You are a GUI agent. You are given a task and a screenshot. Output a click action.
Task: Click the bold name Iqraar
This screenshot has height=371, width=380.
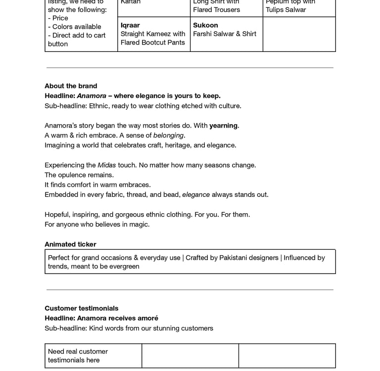pyautogui.click(x=130, y=25)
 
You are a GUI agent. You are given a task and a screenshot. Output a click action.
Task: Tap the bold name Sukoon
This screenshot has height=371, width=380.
pyautogui.click(x=205, y=25)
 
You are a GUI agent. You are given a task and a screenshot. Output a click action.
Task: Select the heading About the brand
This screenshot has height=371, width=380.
pyautogui.click(x=71, y=86)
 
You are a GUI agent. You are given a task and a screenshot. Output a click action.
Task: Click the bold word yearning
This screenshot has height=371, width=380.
pyautogui.click(x=223, y=126)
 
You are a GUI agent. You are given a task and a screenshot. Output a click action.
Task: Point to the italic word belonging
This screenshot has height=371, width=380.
pyautogui.click(x=168, y=136)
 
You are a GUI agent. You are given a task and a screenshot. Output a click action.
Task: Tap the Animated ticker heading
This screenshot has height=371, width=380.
pyautogui.click(x=70, y=244)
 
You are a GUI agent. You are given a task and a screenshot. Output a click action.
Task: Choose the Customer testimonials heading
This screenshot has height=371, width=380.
pyautogui.click(x=82, y=309)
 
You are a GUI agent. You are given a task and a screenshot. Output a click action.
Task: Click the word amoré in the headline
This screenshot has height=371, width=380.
pyautogui.click(x=147, y=319)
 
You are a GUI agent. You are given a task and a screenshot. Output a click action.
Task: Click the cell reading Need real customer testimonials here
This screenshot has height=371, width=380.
pyautogui.click(x=78, y=356)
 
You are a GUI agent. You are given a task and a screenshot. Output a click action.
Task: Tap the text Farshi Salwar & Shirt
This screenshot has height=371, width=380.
pyautogui.click(x=225, y=34)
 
